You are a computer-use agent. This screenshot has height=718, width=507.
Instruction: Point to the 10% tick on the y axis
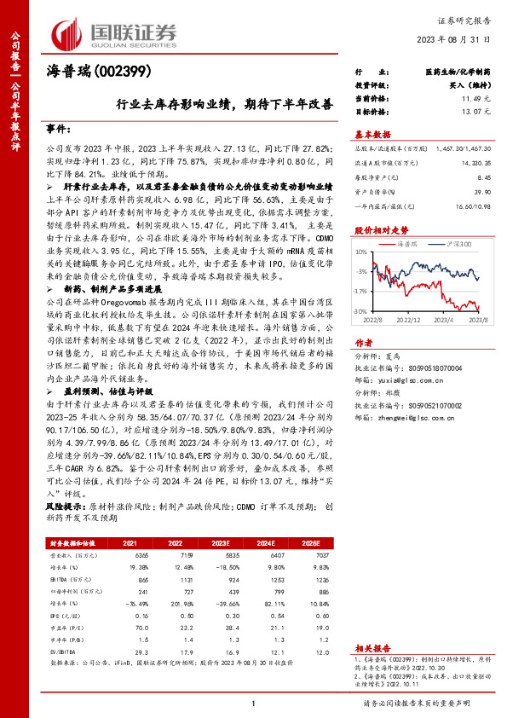point(361,252)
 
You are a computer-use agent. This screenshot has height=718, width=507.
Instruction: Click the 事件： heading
point(58,129)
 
